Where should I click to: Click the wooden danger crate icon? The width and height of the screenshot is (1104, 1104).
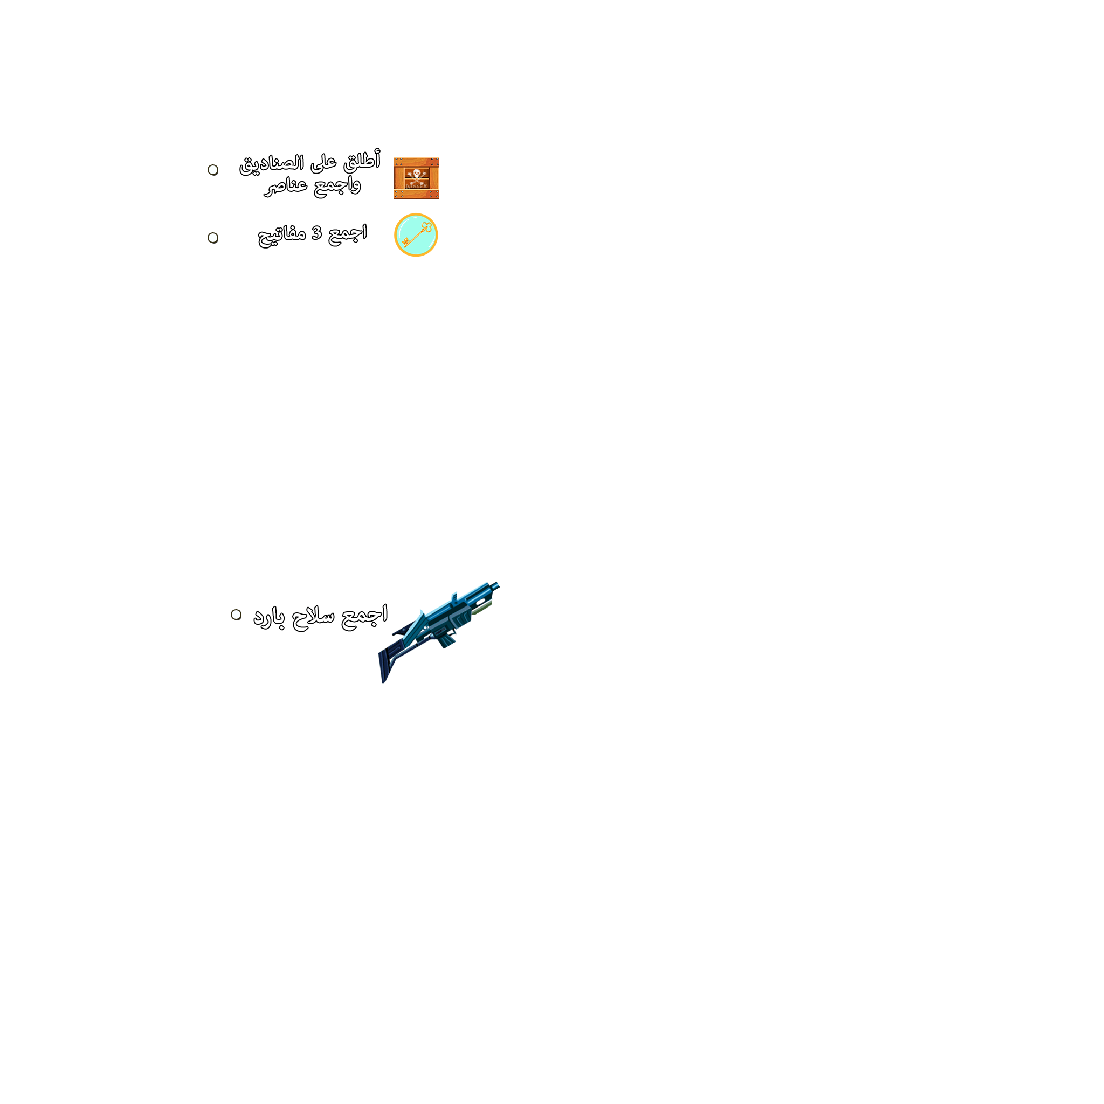417,178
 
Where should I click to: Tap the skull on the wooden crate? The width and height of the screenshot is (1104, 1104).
417,174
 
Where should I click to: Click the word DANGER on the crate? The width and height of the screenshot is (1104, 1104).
416,187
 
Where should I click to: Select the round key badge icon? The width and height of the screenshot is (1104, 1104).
416,235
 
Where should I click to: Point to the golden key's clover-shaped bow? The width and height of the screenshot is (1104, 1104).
426,227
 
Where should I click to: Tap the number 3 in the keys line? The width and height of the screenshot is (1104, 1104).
316,233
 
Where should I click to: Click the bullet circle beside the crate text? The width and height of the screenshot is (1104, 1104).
213,170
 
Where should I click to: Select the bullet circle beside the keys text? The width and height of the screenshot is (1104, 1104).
213,238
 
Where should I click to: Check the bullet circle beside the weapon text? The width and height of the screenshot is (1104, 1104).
236,615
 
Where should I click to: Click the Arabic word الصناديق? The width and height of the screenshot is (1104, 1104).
272,164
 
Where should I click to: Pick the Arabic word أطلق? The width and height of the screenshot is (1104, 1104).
362,161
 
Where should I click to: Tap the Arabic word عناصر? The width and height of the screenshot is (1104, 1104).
285,187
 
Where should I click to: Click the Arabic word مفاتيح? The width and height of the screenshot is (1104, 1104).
282,235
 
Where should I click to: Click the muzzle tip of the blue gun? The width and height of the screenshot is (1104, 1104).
497,584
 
